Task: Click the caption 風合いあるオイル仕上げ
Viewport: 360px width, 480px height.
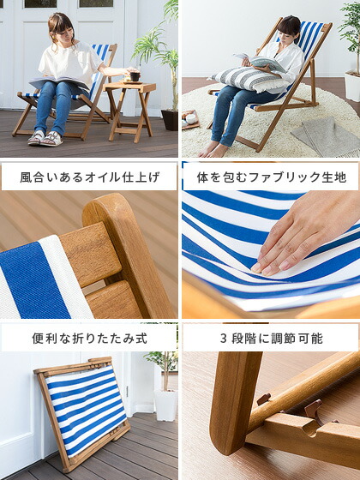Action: (x=89, y=177)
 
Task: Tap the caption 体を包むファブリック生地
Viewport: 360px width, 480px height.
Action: (x=271, y=177)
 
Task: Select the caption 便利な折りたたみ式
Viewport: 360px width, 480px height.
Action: (x=89, y=338)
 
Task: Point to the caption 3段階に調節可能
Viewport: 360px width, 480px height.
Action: (x=271, y=338)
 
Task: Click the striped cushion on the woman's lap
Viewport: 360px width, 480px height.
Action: (x=250, y=80)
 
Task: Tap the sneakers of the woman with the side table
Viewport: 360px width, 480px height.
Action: (x=45, y=137)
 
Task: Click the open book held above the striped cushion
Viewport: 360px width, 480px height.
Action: (x=261, y=61)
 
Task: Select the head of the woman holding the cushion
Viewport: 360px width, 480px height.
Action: (x=289, y=28)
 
